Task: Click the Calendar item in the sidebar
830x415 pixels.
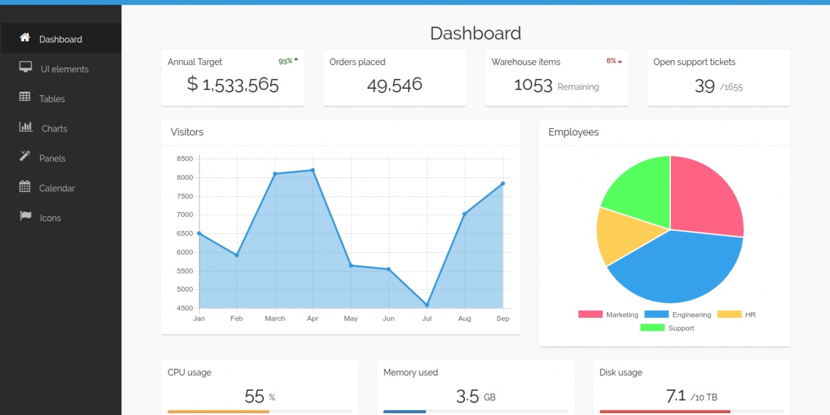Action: tap(57, 188)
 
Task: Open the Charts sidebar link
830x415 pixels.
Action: tap(54, 129)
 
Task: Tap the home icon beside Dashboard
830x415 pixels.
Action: tap(25, 37)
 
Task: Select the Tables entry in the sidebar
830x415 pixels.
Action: tap(52, 99)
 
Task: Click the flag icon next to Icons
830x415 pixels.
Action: tap(25, 216)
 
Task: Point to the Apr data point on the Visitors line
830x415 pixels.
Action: tap(312, 170)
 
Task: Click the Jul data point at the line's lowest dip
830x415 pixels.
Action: tap(427, 305)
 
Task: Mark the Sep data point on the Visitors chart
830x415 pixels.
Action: tap(503, 184)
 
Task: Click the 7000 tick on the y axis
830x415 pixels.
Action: tap(185, 215)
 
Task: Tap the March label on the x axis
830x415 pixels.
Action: tap(275, 319)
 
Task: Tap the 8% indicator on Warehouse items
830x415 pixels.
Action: tap(614, 61)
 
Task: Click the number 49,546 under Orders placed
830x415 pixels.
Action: tap(395, 85)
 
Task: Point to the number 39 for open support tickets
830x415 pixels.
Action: tap(704, 86)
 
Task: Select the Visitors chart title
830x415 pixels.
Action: tap(187, 132)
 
